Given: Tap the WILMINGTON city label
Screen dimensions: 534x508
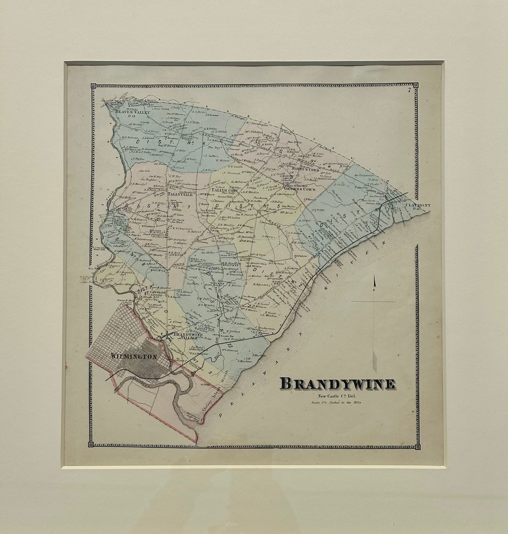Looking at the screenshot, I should coord(134,357).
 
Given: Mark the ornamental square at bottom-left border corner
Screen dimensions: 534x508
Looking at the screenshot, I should coord(91,444).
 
